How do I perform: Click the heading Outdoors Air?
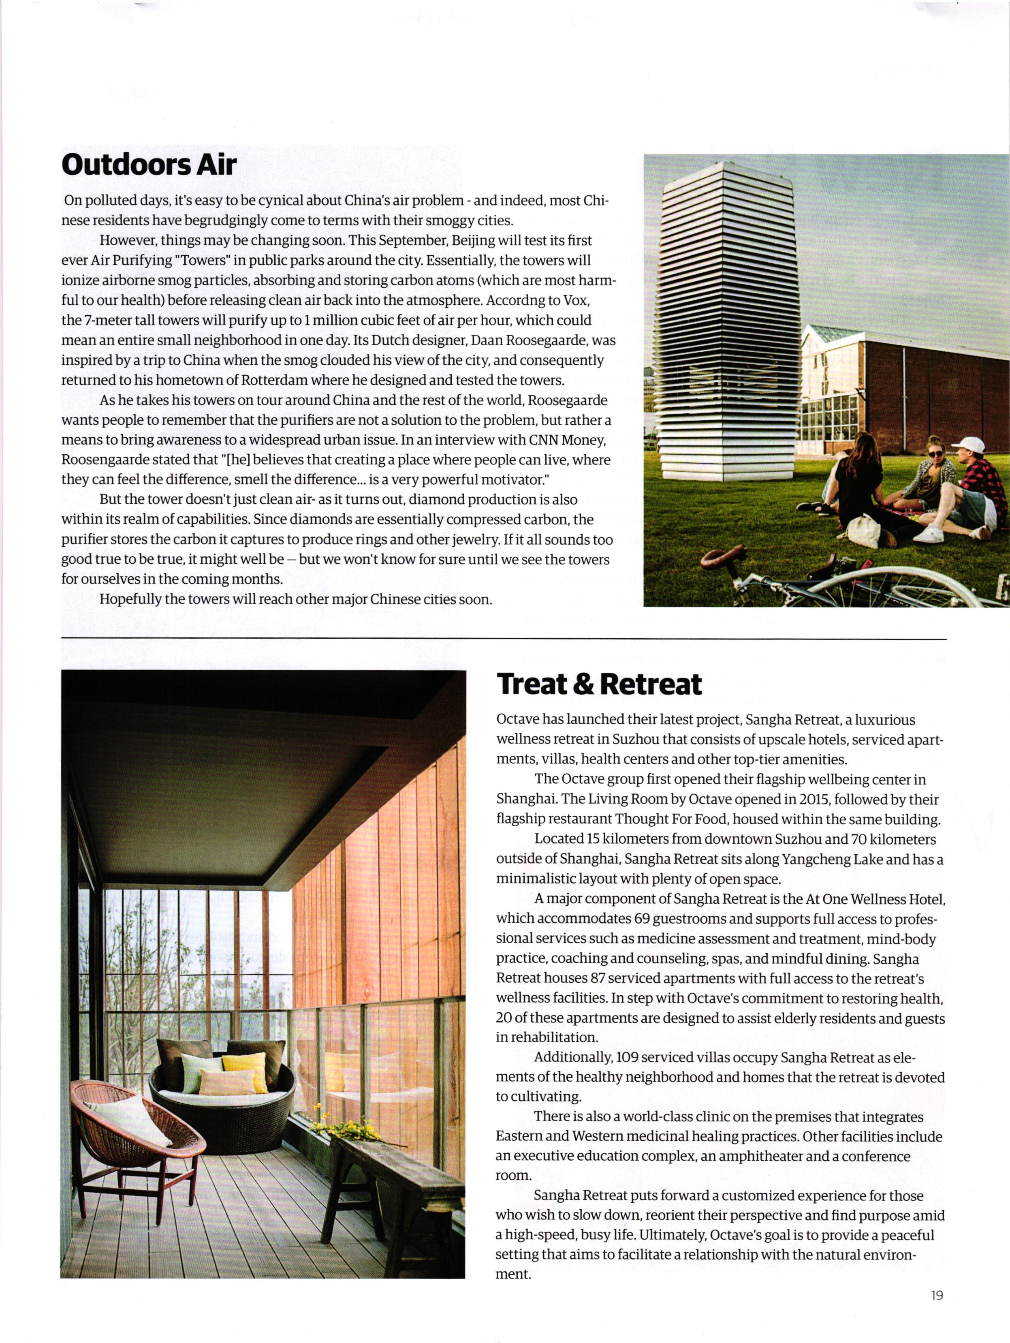click(149, 165)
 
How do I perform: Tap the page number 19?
click(937, 1296)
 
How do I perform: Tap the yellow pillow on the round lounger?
click(244, 1070)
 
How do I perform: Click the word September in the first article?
click(413, 240)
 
